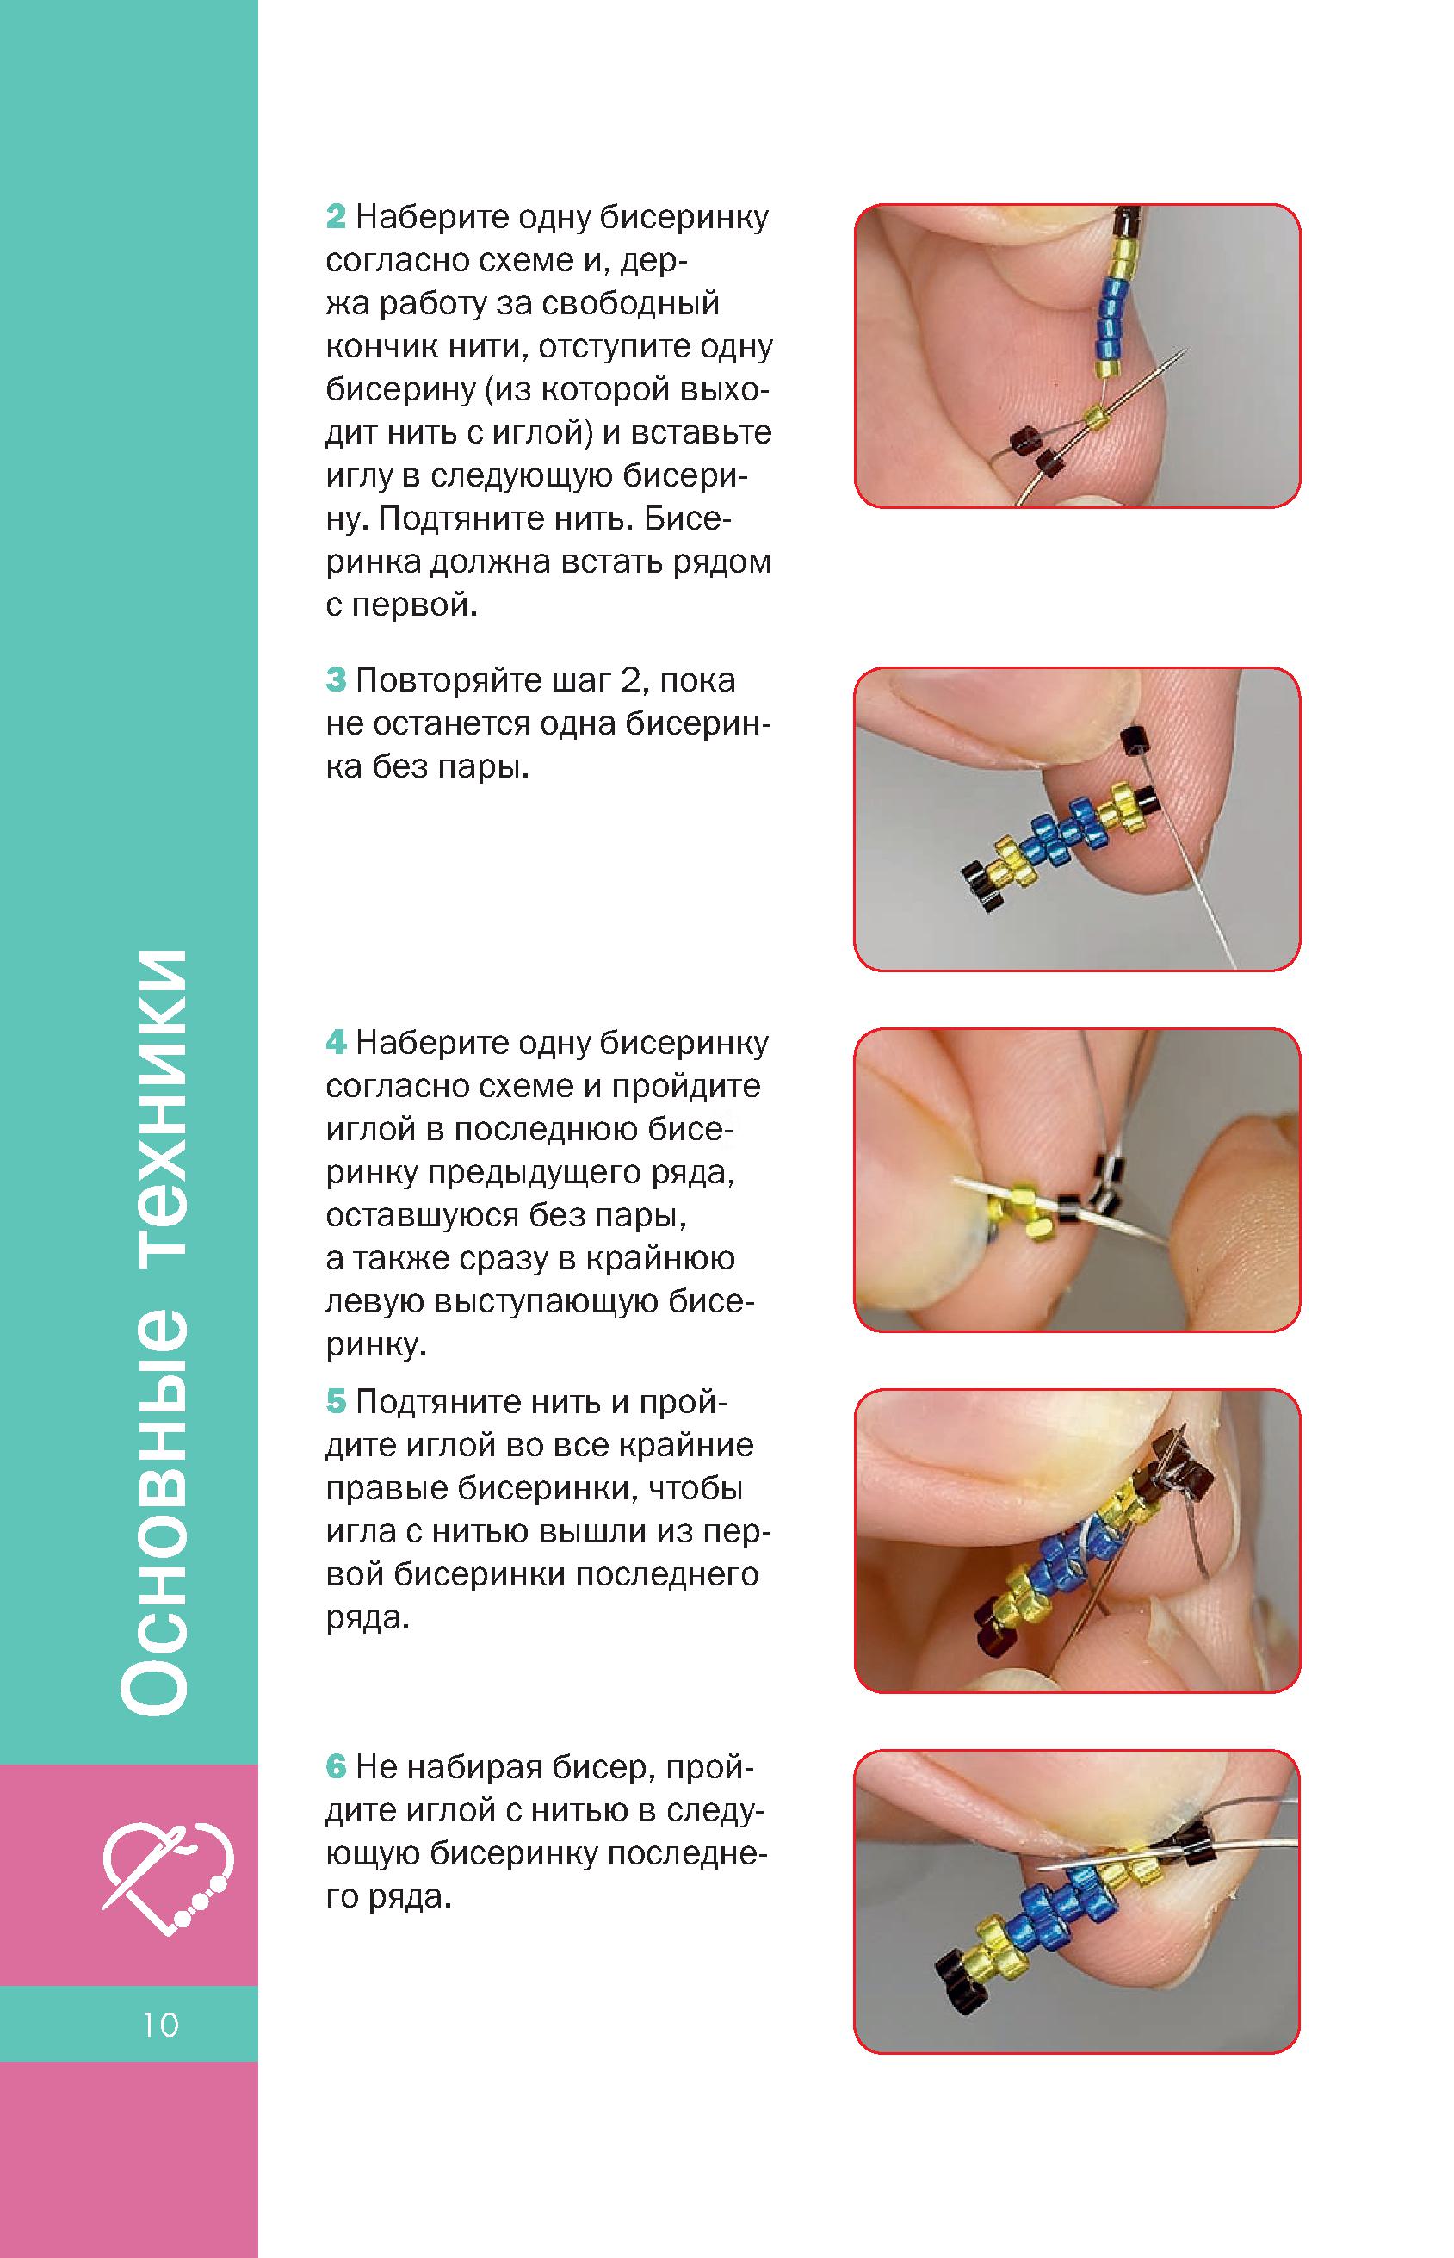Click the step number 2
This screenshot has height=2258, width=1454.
click(336, 218)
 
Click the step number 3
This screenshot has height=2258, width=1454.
click(336, 680)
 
